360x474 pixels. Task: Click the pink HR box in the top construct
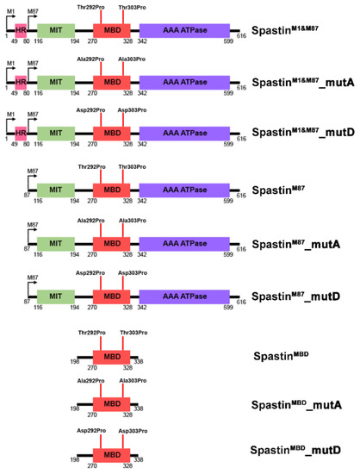click(20, 30)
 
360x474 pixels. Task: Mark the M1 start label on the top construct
click(11, 7)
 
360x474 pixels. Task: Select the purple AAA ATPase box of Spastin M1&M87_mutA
click(184, 83)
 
